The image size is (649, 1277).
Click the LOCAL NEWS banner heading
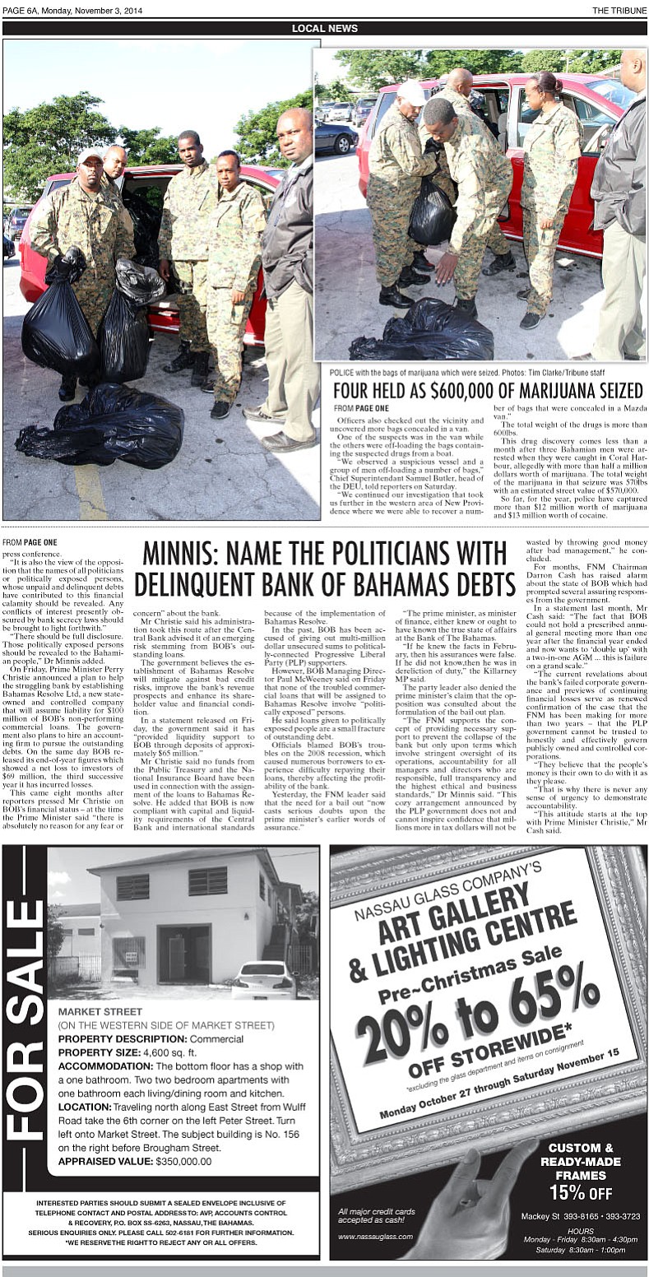pyautogui.click(x=325, y=29)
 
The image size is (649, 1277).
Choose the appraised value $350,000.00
pyautogui.click(x=183, y=1161)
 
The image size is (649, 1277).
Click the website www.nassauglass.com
pyautogui.click(x=369, y=1237)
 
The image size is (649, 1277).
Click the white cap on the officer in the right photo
pyautogui.click(x=411, y=90)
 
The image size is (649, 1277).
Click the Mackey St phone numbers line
pyautogui.click(x=580, y=1216)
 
